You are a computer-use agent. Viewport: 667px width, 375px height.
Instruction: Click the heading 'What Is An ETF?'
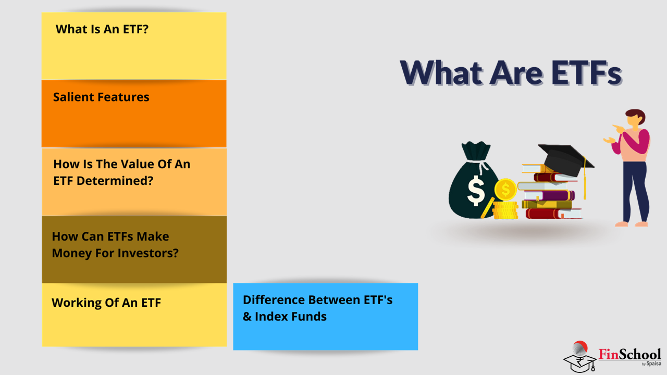tap(102, 29)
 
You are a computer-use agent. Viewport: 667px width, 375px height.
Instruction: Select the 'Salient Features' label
tap(101, 97)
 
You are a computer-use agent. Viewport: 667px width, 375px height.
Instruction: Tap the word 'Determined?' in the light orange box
tap(115, 181)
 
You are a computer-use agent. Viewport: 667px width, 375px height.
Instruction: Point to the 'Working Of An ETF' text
tap(106, 303)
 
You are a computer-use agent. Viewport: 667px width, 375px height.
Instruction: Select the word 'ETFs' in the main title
tap(586, 72)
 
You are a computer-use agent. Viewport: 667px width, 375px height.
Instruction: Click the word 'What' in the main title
tap(441, 72)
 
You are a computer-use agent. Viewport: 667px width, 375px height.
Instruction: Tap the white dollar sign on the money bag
tap(476, 191)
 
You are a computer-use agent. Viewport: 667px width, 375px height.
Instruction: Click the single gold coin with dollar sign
tap(505, 189)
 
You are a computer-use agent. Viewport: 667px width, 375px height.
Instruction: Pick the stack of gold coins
tap(505, 210)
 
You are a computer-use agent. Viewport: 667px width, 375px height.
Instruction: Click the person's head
tap(635, 119)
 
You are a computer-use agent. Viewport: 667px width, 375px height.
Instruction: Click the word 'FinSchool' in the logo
tap(629, 354)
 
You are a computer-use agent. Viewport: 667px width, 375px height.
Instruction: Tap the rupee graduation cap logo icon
tap(579, 357)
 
